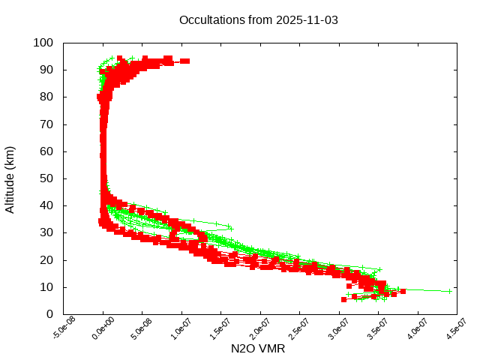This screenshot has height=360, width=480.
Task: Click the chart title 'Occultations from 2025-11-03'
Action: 259,20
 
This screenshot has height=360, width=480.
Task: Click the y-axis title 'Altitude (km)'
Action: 10,178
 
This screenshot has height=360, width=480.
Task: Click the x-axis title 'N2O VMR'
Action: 259,349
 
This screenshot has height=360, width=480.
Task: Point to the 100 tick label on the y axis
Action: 43,43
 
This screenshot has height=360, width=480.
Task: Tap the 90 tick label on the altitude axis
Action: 46,70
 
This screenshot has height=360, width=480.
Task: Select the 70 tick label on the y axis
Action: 46,124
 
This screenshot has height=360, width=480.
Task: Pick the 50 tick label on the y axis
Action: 46,178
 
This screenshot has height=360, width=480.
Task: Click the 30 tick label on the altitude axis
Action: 46,232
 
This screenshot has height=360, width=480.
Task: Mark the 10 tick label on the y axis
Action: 46,287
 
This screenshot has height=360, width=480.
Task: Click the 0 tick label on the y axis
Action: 49,314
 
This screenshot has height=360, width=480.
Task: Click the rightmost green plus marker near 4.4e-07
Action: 449,291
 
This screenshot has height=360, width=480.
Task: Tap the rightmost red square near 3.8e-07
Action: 403,291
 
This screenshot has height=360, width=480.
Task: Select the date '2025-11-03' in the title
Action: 307,20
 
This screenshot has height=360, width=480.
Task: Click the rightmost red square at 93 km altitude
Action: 185,61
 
